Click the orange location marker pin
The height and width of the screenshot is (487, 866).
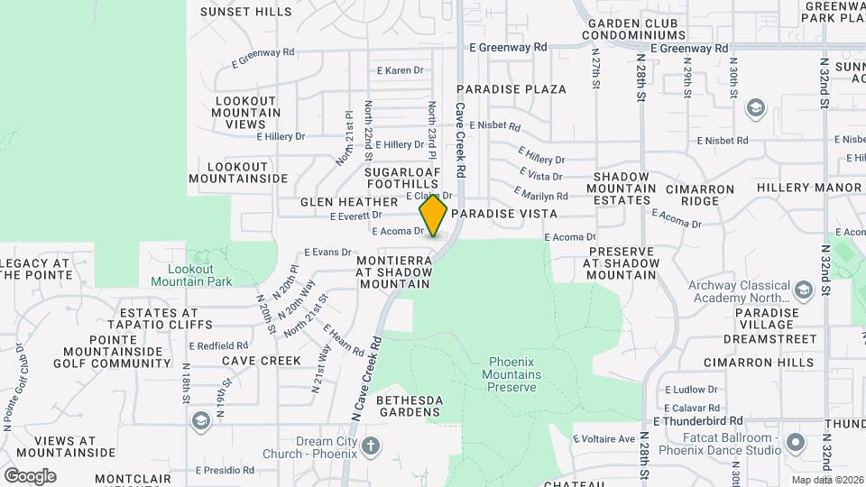(x=434, y=216)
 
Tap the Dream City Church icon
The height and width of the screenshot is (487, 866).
(x=370, y=446)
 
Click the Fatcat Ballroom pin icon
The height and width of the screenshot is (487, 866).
(x=795, y=442)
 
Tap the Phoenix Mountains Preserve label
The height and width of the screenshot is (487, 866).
(x=511, y=373)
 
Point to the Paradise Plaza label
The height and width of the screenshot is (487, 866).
(x=511, y=89)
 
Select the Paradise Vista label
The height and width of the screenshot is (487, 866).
(x=504, y=214)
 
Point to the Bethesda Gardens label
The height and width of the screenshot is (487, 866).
(x=395, y=405)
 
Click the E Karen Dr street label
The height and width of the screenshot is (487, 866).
(x=399, y=70)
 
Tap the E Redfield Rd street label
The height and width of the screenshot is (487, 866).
(x=218, y=345)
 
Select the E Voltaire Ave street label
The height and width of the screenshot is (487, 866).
(x=603, y=439)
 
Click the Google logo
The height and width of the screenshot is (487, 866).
(x=30, y=475)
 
